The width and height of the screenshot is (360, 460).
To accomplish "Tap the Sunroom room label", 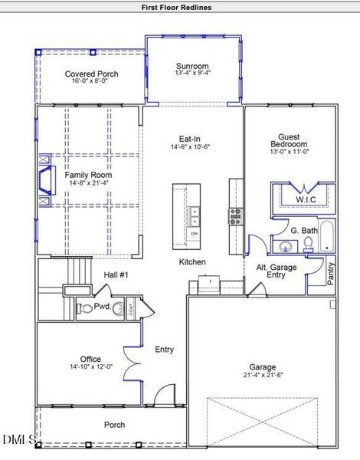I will tap(192, 67).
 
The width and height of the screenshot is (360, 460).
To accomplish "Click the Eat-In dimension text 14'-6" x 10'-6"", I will tap(190, 146).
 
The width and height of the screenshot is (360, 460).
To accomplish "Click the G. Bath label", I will tap(304, 230).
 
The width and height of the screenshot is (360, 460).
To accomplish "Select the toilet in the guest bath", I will tap(309, 245).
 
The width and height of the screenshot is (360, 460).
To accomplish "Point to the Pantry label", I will tap(331, 274).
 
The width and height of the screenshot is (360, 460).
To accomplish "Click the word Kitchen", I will tap(192, 262).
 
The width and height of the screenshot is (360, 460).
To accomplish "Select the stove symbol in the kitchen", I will tap(234, 215).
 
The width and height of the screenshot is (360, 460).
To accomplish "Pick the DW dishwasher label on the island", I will tap(195, 233).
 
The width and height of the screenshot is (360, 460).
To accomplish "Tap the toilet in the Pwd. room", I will tap(86, 309).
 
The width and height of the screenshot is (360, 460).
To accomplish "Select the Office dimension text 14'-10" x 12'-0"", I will tap(91, 366).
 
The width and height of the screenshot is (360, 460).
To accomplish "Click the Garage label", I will tap(262, 367).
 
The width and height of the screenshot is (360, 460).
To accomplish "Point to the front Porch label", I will tap(115, 424).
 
